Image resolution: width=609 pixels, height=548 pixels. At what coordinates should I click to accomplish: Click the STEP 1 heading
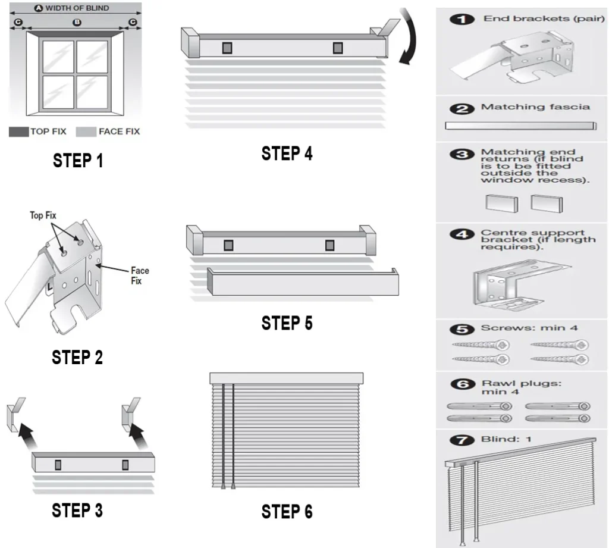point(77,161)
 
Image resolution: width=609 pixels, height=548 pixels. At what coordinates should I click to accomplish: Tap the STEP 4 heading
point(287,153)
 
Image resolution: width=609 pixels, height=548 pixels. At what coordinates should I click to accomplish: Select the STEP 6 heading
point(287,511)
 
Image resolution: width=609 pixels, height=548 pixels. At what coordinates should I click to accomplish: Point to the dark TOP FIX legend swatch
point(18,131)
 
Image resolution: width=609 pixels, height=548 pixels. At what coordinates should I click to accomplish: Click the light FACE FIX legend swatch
point(86,131)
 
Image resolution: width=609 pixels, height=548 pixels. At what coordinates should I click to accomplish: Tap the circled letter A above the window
point(38,8)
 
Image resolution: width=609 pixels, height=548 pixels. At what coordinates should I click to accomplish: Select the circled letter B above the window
point(76,23)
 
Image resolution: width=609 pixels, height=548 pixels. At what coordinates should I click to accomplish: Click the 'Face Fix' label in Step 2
point(140,275)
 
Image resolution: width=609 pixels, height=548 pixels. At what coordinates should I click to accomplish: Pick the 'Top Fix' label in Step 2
point(43,215)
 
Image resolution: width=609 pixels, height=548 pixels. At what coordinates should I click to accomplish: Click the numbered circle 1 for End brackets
point(461,19)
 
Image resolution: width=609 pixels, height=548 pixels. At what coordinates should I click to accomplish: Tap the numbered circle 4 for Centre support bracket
point(461,234)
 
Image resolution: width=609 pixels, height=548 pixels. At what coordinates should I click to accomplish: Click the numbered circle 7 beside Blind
point(461,440)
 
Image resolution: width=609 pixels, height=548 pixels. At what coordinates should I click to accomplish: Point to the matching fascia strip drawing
point(520,126)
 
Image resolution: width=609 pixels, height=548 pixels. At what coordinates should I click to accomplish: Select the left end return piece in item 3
point(501,203)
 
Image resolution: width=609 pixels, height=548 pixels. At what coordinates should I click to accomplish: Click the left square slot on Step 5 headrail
point(228,245)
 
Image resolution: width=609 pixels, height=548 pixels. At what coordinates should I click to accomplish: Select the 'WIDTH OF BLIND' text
point(77,8)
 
